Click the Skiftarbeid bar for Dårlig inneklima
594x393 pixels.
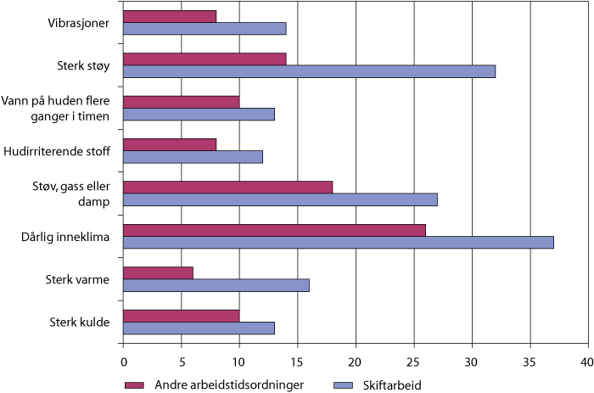[338, 243]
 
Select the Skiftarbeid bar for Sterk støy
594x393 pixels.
[309, 71]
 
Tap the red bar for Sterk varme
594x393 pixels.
[158, 272]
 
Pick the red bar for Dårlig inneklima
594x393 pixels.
[274, 229]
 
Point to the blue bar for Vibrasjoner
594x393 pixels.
[205, 29]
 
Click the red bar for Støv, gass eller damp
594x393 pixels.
[227, 187]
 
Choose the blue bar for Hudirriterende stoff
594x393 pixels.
[193, 157]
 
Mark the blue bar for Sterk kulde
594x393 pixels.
[199, 328]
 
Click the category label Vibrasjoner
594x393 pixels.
[78, 23]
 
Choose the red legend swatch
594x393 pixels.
[134, 384]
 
